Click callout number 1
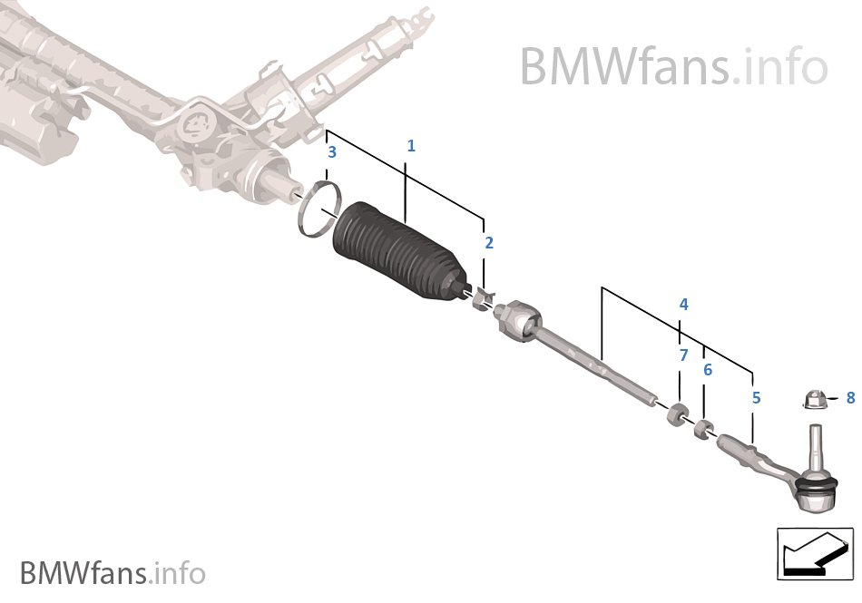[x=411, y=145]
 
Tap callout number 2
[x=489, y=242]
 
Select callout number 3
[x=332, y=152]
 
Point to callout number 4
[x=683, y=305]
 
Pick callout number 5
[x=756, y=397]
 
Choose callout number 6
[x=708, y=369]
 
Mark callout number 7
[x=683, y=355]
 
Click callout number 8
[x=850, y=397]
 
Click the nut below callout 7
[x=676, y=415]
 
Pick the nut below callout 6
[x=703, y=428]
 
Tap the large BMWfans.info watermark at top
[x=673, y=65]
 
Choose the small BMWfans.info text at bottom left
[x=113, y=573]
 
